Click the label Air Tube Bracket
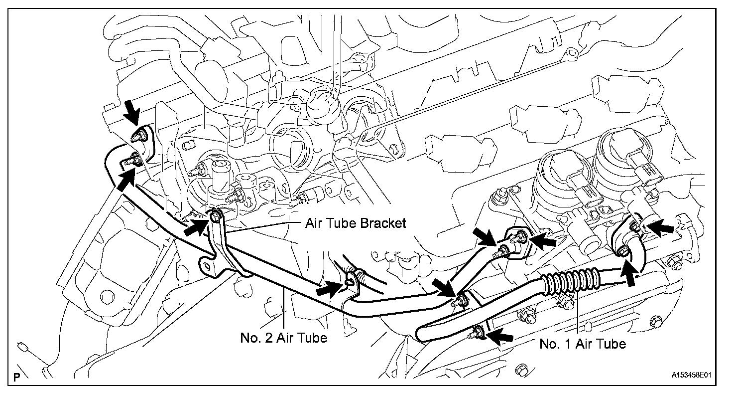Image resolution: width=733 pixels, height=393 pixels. pyautogui.click(x=356, y=223)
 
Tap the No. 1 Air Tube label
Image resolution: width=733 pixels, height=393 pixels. pyautogui.click(x=583, y=344)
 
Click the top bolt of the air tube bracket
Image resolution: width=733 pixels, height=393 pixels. pyautogui.click(x=216, y=216)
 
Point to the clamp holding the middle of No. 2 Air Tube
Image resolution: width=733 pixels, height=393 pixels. pyautogui.click(x=352, y=281)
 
